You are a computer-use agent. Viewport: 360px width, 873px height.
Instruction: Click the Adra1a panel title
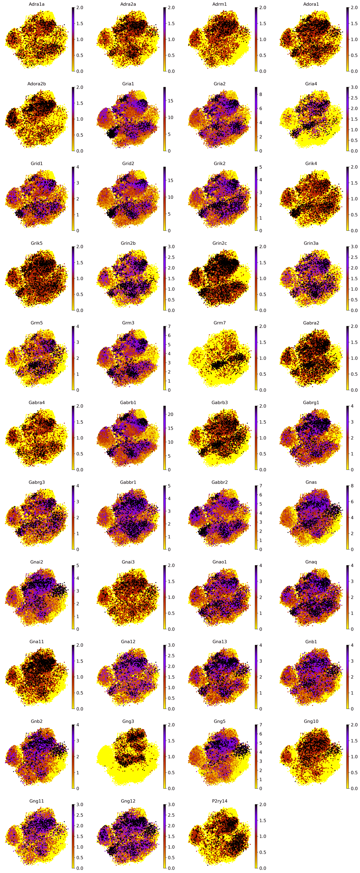(37, 4)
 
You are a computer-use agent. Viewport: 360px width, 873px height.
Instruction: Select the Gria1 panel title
(128, 84)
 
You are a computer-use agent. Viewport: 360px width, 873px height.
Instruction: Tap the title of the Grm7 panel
(220, 323)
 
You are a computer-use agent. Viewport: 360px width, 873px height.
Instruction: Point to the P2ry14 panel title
(220, 801)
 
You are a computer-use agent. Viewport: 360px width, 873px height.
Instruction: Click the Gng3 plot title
(128, 721)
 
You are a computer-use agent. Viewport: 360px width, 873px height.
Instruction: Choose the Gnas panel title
(311, 482)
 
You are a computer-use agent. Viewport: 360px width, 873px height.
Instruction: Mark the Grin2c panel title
(220, 243)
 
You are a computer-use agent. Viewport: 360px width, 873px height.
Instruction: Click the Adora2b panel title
(37, 84)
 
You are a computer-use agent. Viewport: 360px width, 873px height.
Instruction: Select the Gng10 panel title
(311, 721)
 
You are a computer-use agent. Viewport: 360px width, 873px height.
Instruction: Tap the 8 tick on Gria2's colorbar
(260, 94)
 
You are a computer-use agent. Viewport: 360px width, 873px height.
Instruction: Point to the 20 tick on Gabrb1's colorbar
(168, 414)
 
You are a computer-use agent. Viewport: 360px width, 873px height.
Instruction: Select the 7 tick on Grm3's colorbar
(168, 326)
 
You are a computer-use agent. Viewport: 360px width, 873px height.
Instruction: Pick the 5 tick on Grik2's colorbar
(260, 167)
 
